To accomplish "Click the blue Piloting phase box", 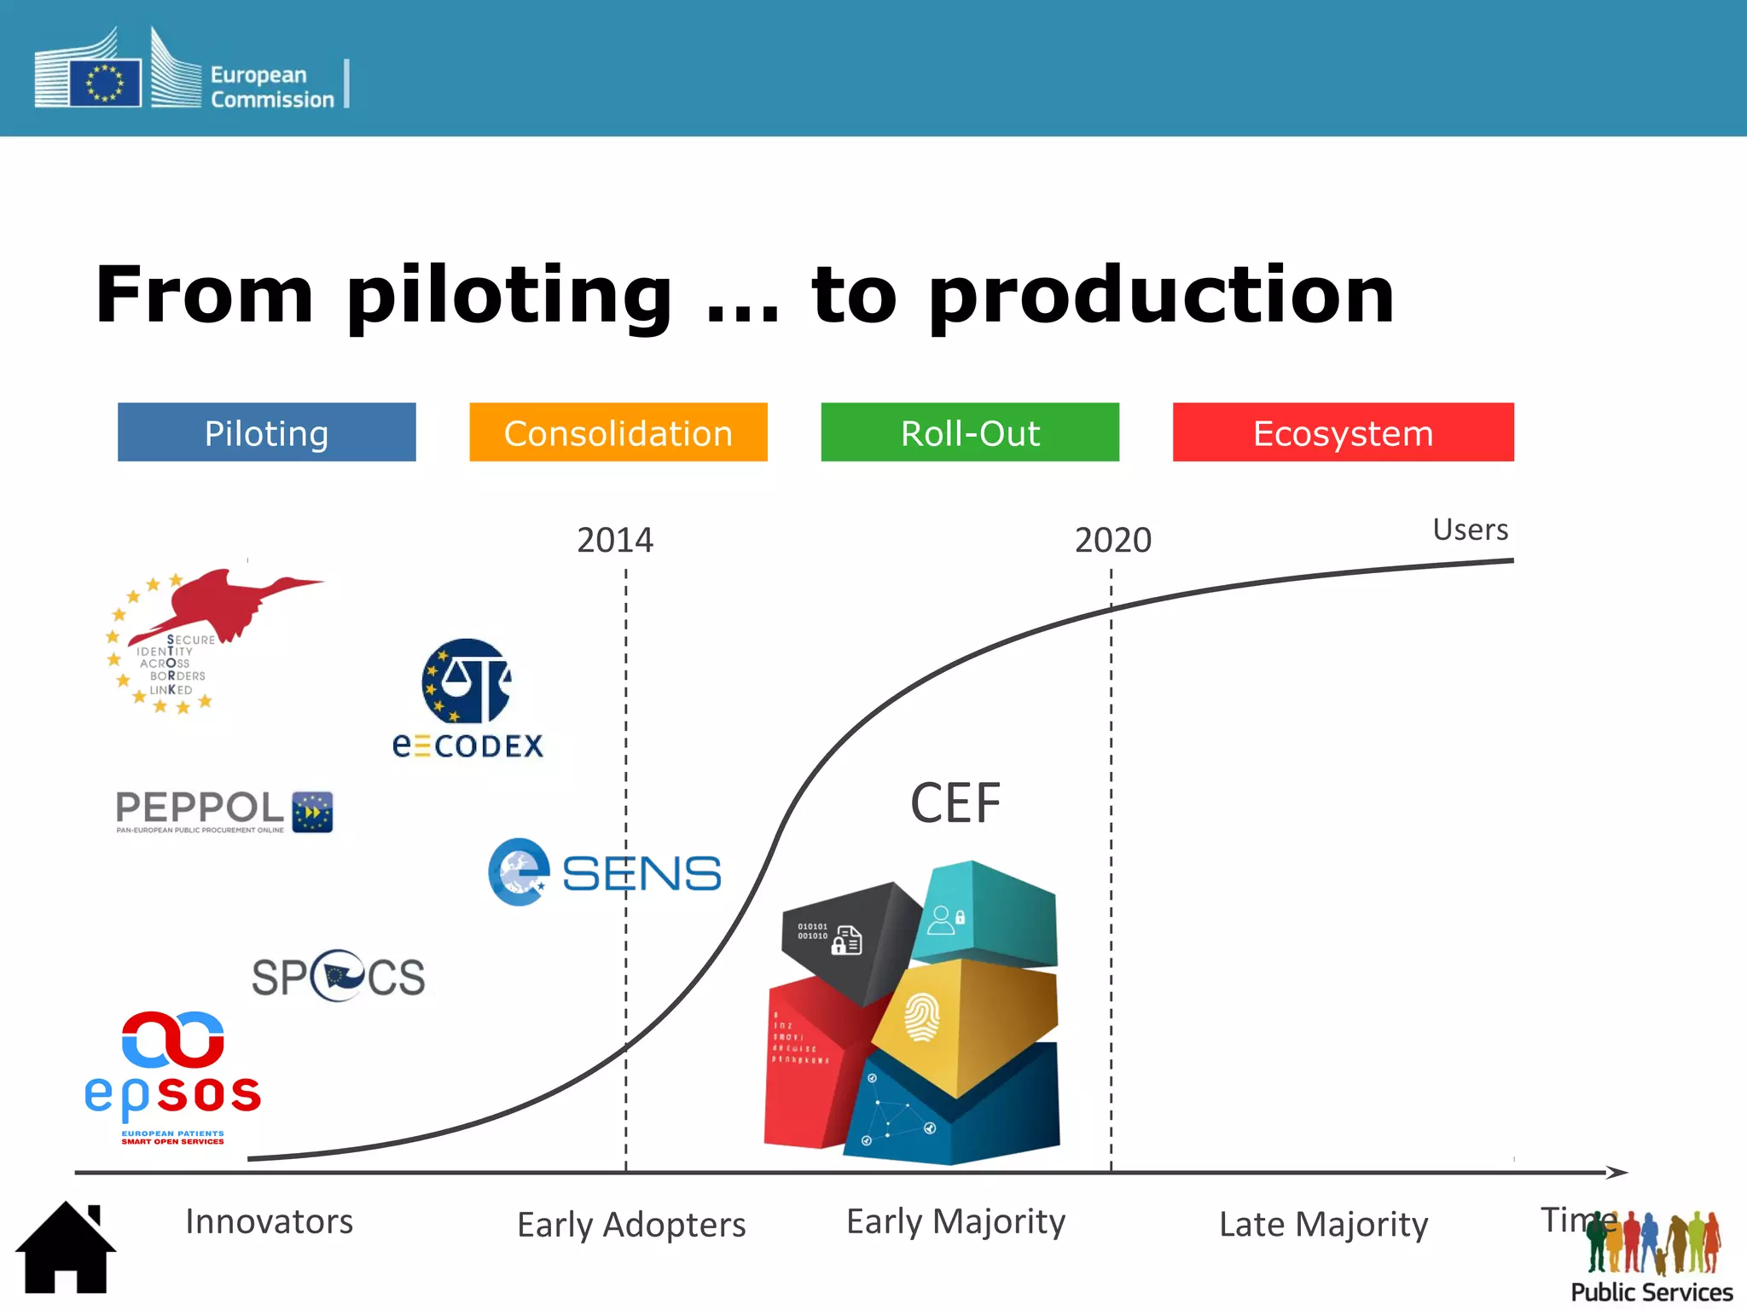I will [x=266, y=432].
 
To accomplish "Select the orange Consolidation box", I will [x=618, y=432].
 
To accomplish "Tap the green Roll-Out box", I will [x=970, y=432].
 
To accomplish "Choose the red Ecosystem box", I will [x=1343, y=432].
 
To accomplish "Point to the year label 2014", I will [x=614, y=540].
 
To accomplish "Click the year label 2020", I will [x=1112, y=540].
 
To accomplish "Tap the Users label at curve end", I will [x=1470, y=530].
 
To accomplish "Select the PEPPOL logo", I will [x=223, y=811].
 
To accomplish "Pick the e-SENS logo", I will [x=604, y=872].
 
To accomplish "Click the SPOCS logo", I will [x=339, y=976].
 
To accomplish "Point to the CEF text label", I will [x=955, y=803].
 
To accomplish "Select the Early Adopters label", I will [x=631, y=1225].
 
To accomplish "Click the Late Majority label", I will [x=1323, y=1225].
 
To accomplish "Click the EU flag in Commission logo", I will [x=105, y=83].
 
